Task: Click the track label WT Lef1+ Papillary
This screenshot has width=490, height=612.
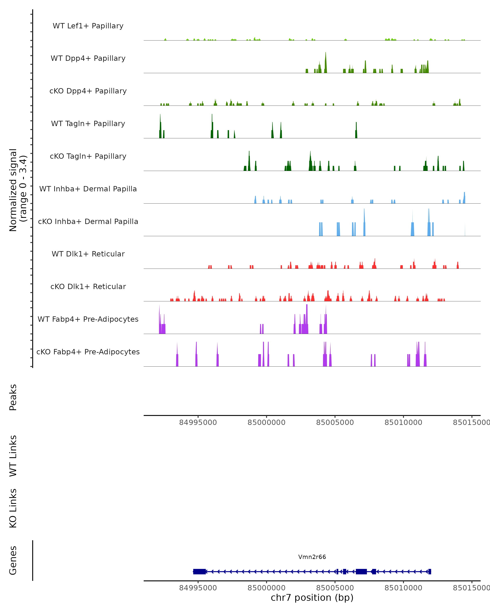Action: (x=88, y=26)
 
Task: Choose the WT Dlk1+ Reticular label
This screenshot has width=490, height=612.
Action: (x=88, y=254)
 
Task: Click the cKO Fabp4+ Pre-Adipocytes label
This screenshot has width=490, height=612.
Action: (x=88, y=352)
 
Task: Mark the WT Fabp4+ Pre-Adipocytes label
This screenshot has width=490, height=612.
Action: (x=88, y=319)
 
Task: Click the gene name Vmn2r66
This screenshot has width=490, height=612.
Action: (x=312, y=557)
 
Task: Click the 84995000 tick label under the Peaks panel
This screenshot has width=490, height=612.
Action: (x=198, y=422)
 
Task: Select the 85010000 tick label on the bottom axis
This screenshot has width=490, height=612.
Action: (x=403, y=588)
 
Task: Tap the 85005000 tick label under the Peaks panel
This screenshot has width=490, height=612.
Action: (x=335, y=422)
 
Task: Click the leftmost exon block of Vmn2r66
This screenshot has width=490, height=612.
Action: (x=199, y=572)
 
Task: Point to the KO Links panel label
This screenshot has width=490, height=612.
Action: (x=13, y=508)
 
